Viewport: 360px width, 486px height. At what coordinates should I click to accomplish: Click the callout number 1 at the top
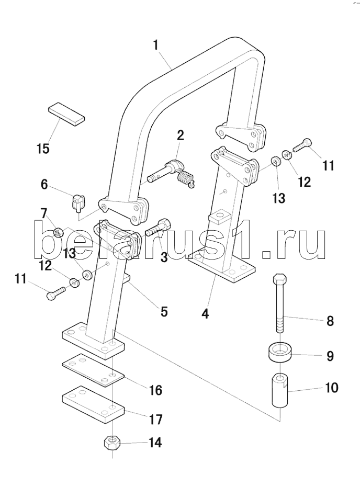pyautogui.click(x=155, y=46)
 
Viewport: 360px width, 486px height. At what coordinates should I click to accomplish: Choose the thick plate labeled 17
pyautogui.click(x=93, y=402)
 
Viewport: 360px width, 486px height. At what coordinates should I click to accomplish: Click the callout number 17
pyautogui.click(x=155, y=419)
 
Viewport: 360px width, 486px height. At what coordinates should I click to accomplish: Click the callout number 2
pyautogui.click(x=180, y=135)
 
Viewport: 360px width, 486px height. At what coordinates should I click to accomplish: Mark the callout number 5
pyautogui.click(x=164, y=312)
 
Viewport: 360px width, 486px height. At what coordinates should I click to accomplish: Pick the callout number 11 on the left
pyautogui.click(x=20, y=279)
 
